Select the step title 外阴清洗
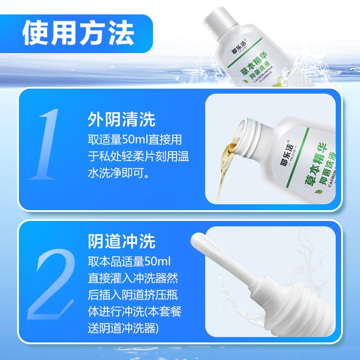pyautogui.click(x=121, y=120)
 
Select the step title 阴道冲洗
pyautogui.click(x=121, y=242)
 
